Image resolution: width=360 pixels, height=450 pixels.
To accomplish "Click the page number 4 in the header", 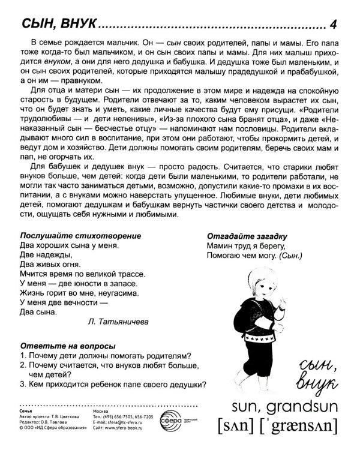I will point(335,24).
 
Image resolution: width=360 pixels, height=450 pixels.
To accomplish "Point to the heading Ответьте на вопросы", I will point(59,346).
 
